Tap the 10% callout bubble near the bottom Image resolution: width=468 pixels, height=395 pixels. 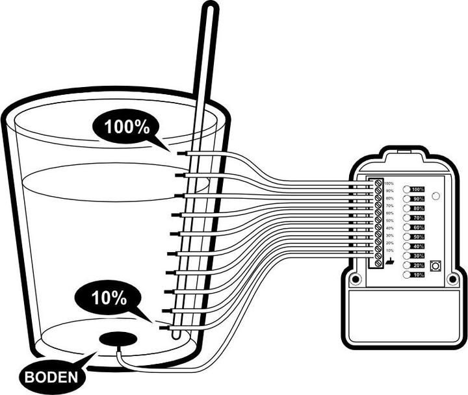(x=107, y=298)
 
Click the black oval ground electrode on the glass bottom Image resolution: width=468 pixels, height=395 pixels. (x=118, y=339)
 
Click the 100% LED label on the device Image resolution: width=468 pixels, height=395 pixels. (x=418, y=189)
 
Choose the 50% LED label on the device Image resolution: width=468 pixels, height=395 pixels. (x=418, y=237)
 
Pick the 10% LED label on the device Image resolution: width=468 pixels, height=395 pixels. (x=418, y=275)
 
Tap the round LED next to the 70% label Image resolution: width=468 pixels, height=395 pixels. (x=407, y=218)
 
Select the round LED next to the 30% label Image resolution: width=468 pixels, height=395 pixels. (x=407, y=256)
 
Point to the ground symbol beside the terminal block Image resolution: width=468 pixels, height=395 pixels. (x=389, y=261)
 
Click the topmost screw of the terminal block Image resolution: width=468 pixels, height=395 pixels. (x=378, y=185)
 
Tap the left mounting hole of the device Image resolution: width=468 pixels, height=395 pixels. (x=355, y=280)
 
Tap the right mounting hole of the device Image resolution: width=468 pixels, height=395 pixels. (x=452, y=280)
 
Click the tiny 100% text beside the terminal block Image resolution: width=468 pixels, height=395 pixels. (x=389, y=184)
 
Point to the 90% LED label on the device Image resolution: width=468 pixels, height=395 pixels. (x=418, y=199)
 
